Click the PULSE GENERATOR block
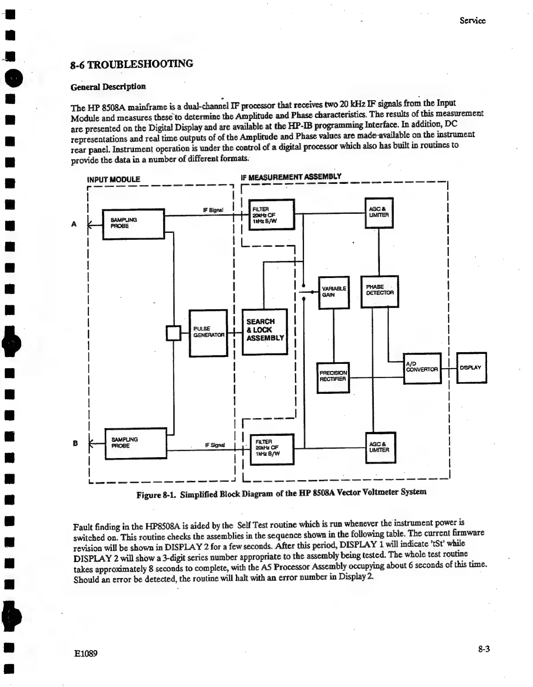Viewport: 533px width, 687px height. [x=209, y=333]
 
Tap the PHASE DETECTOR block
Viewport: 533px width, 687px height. [x=379, y=291]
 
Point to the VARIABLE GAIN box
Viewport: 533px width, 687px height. [x=334, y=292]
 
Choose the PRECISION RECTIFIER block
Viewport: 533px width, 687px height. [x=333, y=377]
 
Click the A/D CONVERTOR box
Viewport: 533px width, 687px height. [x=422, y=368]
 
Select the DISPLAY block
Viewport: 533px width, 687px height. [x=472, y=368]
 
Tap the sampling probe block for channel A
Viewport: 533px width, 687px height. [x=133, y=224]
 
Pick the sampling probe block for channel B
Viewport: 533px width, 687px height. [x=136, y=443]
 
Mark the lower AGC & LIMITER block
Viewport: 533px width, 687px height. [x=380, y=448]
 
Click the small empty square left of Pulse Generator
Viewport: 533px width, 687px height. [x=174, y=334]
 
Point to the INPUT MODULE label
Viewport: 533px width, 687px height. [x=114, y=179]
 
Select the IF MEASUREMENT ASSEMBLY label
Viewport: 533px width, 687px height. [x=291, y=177]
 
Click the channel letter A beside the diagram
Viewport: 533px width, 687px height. [x=74, y=224]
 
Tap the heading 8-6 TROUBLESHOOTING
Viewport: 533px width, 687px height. [x=132, y=65]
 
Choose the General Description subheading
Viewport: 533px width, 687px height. [x=108, y=86]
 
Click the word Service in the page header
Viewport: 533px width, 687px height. [x=473, y=20]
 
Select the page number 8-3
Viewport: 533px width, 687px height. [x=484, y=649]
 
